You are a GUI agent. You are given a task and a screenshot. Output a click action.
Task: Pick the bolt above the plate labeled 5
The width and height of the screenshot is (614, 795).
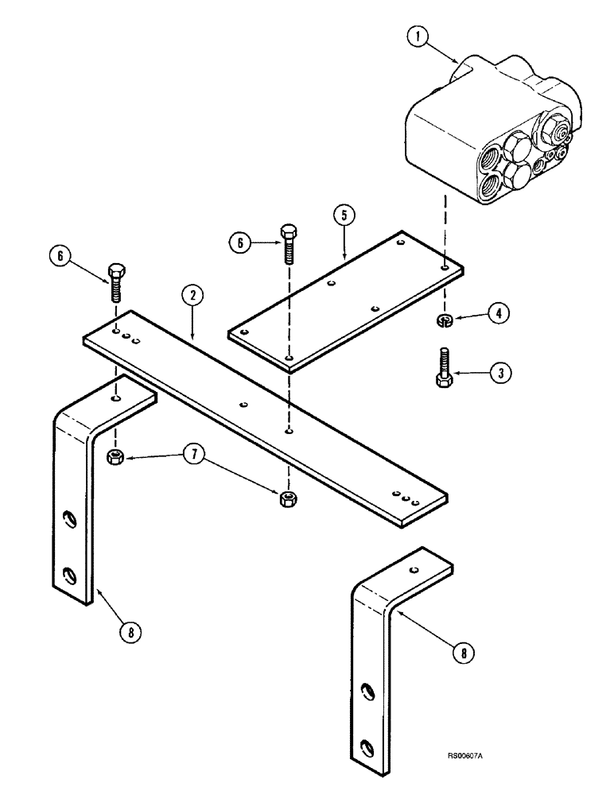pos(289,243)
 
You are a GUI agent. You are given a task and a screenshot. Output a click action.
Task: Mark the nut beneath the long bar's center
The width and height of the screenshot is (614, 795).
pos(288,499)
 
